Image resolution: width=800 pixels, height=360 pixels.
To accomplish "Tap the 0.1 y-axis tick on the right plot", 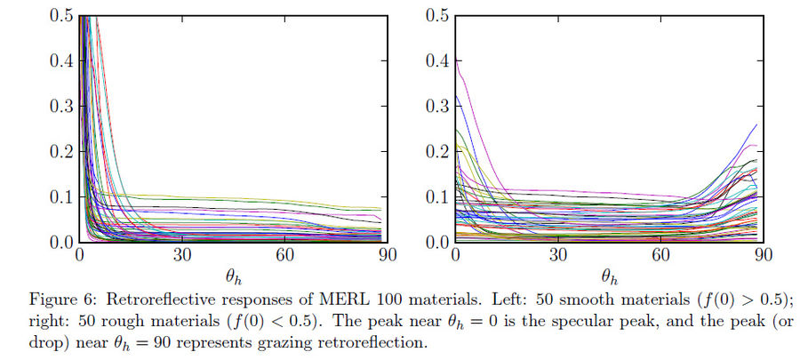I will point(436,197).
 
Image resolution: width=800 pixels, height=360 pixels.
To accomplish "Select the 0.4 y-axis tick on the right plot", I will point(436,60).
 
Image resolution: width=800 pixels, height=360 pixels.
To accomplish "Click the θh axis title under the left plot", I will point(233,276).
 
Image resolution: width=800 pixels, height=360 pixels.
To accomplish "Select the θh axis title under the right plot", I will point(609,276).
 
